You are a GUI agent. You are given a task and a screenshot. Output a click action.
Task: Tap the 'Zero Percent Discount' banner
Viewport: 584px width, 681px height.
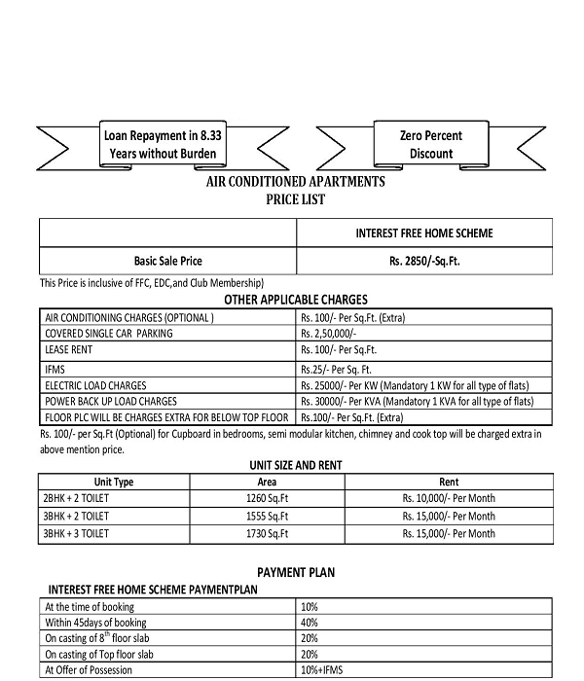click(430, 144)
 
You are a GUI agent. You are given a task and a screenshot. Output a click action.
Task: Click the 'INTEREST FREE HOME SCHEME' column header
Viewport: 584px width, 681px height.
click(423, 233)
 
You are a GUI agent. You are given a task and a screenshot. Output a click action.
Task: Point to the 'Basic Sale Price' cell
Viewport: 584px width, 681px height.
click(167, 261)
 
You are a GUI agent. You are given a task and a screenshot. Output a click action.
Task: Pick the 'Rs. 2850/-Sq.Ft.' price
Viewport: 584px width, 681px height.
click(423, 261)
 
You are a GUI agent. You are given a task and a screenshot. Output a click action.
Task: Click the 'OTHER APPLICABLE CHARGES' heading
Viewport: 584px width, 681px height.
click(295, 300)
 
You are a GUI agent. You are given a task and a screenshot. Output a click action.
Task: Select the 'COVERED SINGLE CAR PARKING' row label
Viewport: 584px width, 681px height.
click(109, 333)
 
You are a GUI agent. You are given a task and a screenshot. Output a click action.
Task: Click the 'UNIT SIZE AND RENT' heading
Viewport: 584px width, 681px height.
click(295, 465)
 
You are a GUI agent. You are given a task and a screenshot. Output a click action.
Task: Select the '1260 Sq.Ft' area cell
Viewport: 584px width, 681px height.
click(267, 498)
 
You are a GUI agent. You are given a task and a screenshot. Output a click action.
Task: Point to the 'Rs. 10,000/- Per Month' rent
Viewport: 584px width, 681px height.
click(449, 498)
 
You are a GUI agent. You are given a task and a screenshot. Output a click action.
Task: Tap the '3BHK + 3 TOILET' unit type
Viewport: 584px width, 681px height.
click(77, 533)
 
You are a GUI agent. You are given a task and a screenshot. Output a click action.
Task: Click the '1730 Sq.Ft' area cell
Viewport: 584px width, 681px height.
click(267, 533)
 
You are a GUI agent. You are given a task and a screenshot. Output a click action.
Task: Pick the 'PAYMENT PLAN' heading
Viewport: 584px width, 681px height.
click(295, 572)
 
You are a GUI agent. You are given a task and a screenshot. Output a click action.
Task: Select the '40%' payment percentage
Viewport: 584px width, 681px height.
click(310, 622)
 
